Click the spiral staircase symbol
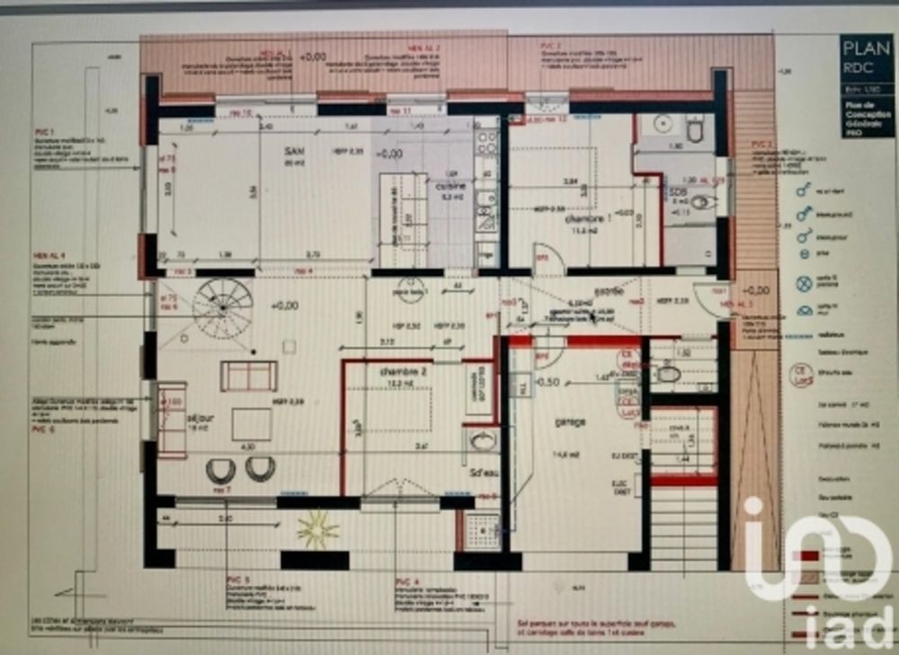(x=221, y=308)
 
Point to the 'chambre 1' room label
(x=583, y=218)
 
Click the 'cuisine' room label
(x=450, y=187)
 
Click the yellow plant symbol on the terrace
(x=317, y=529)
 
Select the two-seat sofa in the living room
(x=248, y=376)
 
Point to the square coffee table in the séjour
(x=252, y=424)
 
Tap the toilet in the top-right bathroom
(x=695, y=131)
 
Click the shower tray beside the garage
(x=483, y=532)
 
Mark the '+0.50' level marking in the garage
(x=547, y=381)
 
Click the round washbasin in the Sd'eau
(x=483, y=440)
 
